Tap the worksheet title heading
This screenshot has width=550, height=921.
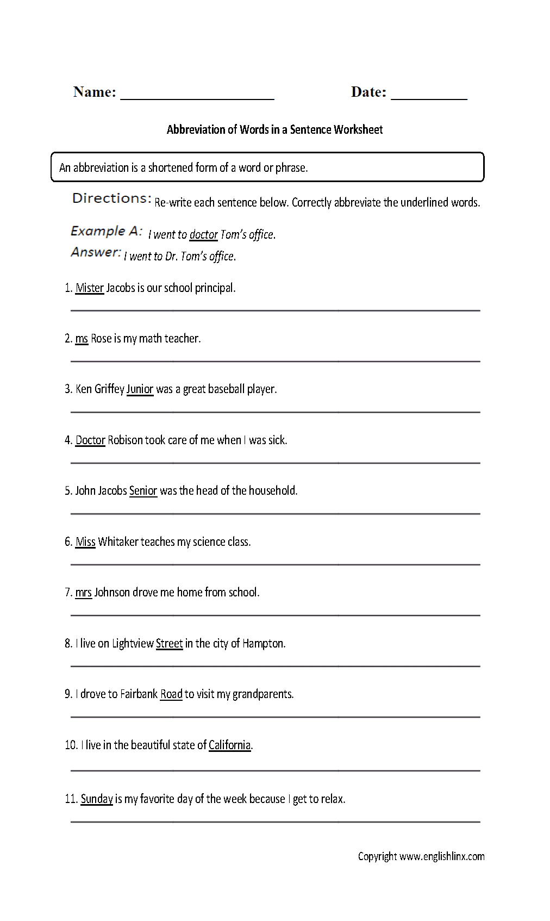(x=274, y=129)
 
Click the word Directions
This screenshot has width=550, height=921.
(x=111, y=198)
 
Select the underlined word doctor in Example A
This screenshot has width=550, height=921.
(x=203, y=234)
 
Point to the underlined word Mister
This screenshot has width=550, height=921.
(x=90, y=288)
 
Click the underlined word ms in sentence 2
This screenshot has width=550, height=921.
(x=82, y=338)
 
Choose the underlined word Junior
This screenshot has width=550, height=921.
(x=140, y=389)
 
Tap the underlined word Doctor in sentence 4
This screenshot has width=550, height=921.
(x=90, y=440)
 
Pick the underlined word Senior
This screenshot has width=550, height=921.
(x=143, y=490)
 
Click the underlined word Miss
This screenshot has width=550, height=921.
(x=85, y=542)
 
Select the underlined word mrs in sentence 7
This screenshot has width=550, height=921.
(x=83, y=592)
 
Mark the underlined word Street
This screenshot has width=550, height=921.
(x=169, y=643)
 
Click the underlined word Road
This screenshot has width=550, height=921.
(x=171, y=694)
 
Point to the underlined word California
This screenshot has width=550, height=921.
(x=229, y=745)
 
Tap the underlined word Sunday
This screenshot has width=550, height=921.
(x=97, y=799)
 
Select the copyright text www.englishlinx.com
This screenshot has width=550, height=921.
(x=442, y=856)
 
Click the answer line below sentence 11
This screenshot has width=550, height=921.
(x=275, y=821)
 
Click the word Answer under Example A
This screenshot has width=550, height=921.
(x=96, y=252)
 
